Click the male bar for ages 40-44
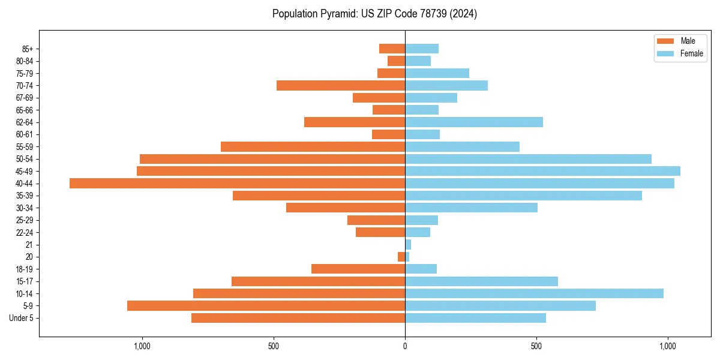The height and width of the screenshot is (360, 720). (x=237, y=184)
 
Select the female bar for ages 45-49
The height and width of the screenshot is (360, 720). (x=542, y=171)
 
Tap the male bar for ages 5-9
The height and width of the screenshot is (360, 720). (x=266, y=306)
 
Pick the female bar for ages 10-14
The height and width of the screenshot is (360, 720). (x=534, y=293)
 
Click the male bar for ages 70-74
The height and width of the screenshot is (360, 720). (x=341, y=86)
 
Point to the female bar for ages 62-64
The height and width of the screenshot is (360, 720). (x=474, y=122)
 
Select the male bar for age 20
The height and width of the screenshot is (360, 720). (x=401, y=257)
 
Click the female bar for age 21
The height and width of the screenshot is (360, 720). (x=408, y=245)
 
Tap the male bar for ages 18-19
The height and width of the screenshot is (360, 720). (x=358, y=269)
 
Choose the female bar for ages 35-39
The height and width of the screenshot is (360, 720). (x=523, y=196)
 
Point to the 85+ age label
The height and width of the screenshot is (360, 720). (x=26, y=49)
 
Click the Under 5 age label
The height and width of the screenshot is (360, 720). (x=22, y=318)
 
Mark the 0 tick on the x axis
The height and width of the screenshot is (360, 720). (x=405, y=347)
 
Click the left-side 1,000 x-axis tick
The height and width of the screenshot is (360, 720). (x=142, y=347)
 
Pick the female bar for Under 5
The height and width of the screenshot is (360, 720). (x=475, y=318)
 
